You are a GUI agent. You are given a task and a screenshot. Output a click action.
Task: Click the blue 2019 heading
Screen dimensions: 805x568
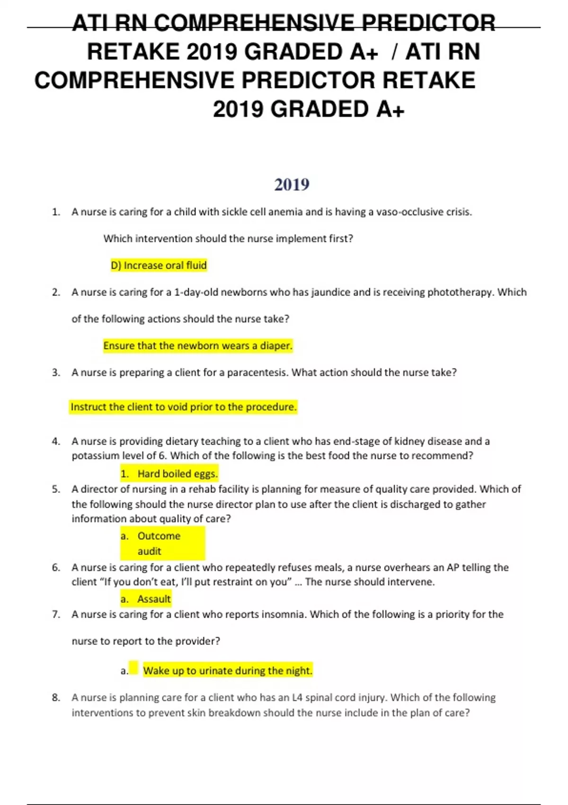tap(292, 184)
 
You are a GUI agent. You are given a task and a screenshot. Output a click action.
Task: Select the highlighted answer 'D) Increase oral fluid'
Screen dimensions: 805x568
tap(159, 265)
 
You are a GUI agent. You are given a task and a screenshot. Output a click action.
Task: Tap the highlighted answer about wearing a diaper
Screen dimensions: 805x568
tap(198, 346)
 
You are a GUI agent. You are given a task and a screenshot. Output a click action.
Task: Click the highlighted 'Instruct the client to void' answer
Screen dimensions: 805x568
tap(183, 407)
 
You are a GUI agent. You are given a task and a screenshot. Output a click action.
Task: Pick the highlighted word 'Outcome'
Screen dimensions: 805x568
tap(159, 536)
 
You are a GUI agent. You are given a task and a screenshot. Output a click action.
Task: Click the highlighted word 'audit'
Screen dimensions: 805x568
tap(150, 551)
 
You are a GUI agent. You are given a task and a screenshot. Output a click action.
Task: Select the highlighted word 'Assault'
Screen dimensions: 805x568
tap(154, 599)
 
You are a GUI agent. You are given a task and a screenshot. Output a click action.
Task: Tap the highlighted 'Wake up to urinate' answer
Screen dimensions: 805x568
tap(228, 671)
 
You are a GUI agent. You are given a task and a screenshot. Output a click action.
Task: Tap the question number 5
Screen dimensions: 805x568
tap(56, 489)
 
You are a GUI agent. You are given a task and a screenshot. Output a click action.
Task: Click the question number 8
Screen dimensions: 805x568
tap(56, 698)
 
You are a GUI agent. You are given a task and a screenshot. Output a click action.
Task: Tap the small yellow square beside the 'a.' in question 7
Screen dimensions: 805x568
tap(133, 668)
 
